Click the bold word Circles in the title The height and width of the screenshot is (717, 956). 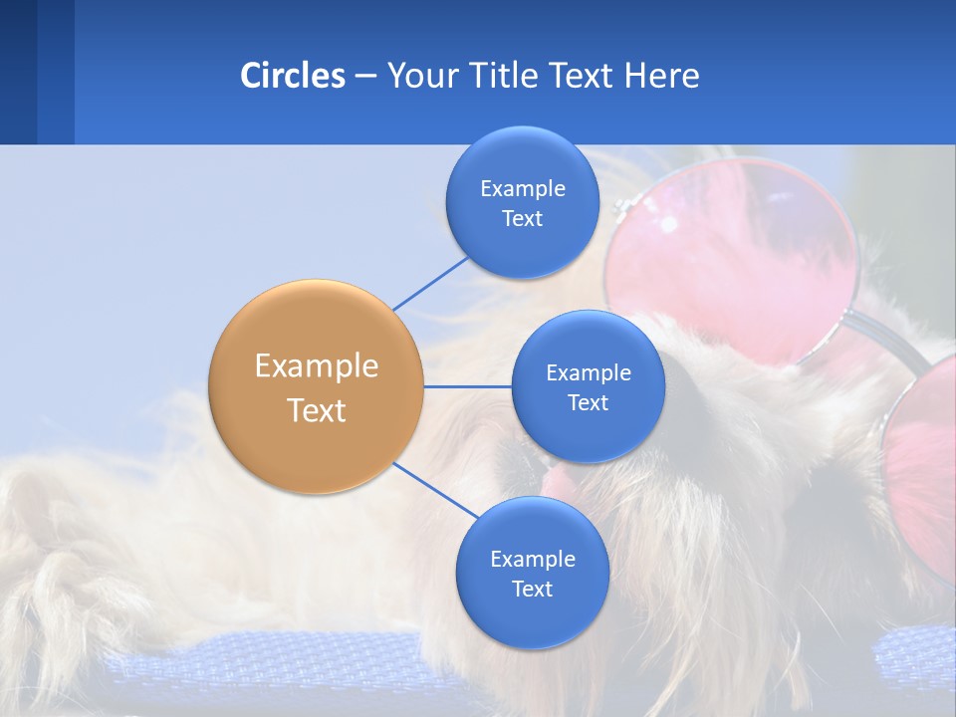click(292, 76)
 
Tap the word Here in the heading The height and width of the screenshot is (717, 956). click(662, 76)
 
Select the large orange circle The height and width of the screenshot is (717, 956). click(317, 386)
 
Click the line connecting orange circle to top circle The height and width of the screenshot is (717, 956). click(431, 283)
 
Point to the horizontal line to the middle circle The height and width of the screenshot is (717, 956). click(468, 386)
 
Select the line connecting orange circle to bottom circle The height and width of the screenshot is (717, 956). click(434, 491)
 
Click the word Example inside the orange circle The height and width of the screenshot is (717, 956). click(317, 365)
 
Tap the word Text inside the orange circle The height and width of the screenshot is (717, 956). click(317, 409)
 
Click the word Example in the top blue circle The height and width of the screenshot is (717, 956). click(522, 188)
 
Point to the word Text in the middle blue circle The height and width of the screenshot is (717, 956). click(588, 402)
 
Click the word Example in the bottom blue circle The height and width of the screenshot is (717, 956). click(532, 559)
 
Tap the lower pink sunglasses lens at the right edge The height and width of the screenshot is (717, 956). click(921, 478)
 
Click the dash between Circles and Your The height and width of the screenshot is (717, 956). click(365, 77)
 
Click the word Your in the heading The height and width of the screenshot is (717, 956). click(423, 76)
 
